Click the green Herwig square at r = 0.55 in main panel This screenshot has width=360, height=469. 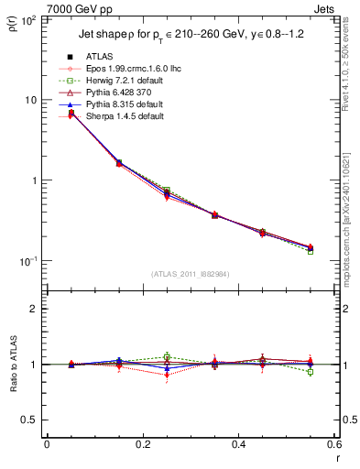pos(311,250)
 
